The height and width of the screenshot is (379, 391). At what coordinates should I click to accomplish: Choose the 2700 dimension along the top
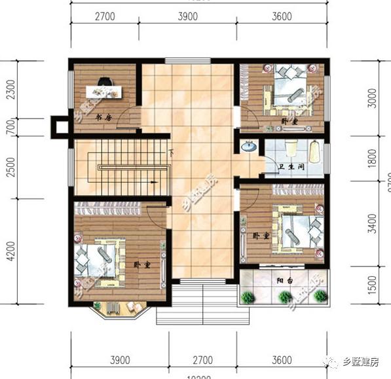point(105,16)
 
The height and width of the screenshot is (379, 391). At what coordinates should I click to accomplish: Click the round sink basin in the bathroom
point(249,147)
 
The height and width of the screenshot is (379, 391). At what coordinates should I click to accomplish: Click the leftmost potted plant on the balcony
point(248,297)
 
